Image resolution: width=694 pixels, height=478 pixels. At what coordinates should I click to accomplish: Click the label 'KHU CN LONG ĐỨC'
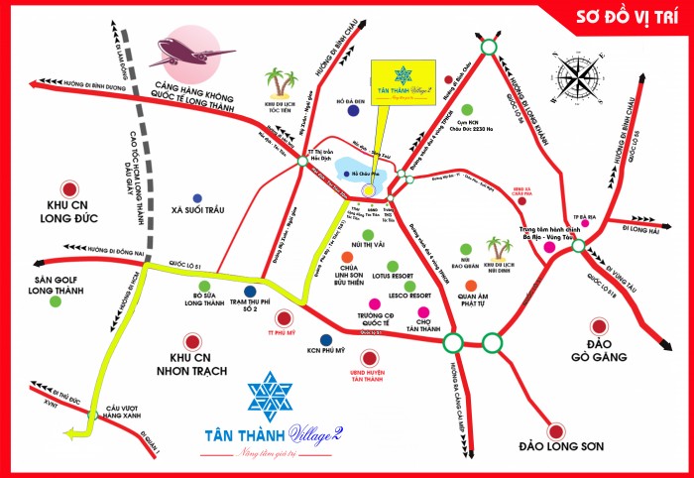(69, 212)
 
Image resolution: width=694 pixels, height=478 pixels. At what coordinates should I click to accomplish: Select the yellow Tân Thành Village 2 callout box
(404, 84)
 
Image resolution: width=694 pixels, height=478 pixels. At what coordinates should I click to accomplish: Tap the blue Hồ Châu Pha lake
(360, 173)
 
